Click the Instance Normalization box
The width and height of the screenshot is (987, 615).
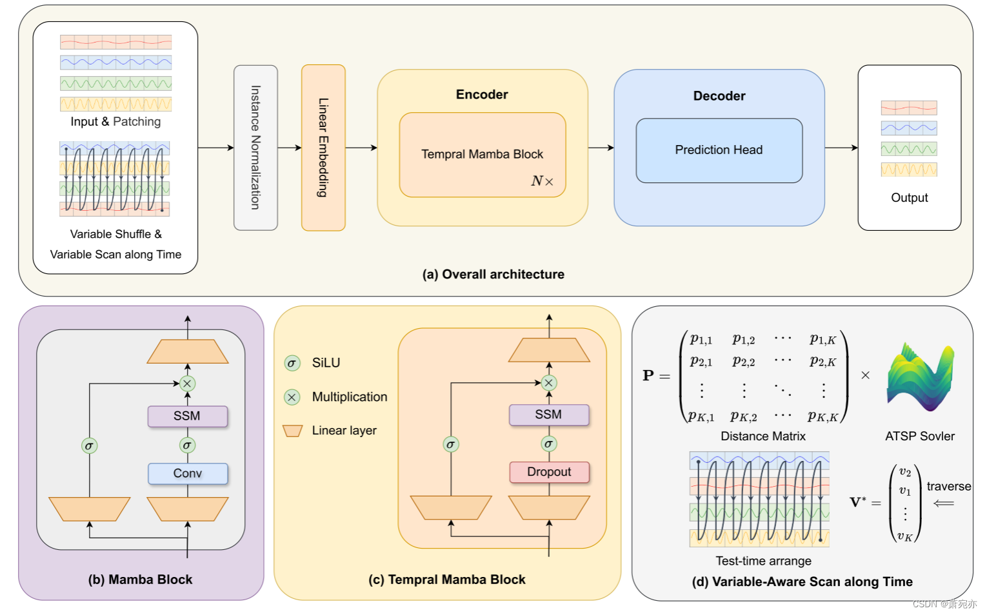point(255,148)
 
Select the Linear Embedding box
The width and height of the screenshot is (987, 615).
point(323,148)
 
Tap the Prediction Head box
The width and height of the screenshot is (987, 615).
point(719,150)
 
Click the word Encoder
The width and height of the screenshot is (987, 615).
point(482,94)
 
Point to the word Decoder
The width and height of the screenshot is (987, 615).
point(719,95)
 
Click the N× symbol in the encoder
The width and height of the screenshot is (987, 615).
point(543,181)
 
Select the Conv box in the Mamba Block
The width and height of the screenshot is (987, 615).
point(188,473)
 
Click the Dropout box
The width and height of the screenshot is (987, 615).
point(549,472)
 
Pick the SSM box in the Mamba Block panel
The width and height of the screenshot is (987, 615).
point(188,416)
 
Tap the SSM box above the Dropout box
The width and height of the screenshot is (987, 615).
point(549,415)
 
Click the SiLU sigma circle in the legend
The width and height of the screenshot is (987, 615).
point(292,363)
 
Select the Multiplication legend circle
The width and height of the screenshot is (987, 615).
point(292,397)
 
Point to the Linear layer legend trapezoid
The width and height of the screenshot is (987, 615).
point(293,431)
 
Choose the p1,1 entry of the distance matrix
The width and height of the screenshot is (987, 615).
point(701,339)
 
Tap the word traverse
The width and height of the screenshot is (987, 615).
point(949,486)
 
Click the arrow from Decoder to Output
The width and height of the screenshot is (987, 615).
point(841,148)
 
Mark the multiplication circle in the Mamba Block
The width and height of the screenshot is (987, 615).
point(188,384)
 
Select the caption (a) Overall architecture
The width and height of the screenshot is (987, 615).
point(493,274)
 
